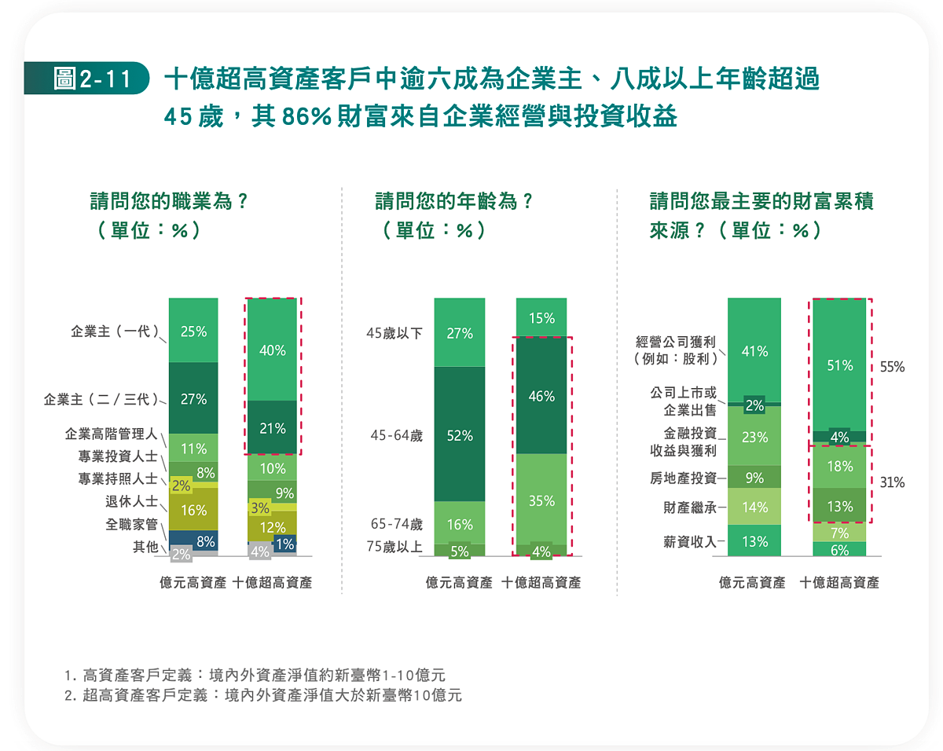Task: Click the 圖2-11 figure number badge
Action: [x=86, y=79]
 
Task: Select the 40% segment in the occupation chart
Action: [x=272, y=350]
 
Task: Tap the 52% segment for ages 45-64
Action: [x=460, y=435]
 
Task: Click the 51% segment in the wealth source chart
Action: [x=839, y=365]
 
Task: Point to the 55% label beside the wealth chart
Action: [x=892, y=366]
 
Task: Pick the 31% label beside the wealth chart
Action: [x=892, y=483]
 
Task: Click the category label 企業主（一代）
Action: [x=116, y=332]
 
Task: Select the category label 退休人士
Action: [x=132, y=501]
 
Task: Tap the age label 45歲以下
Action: [x=394, y=333]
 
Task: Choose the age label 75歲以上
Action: [x=394, y=548]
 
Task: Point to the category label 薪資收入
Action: [x=689, y=540]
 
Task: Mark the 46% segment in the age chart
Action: [x=541, y=397]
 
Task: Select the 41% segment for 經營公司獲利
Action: [x=754, y=351]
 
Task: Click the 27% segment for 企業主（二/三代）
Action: [x=193, y=399]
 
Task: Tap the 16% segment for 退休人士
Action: [x=193, y=511]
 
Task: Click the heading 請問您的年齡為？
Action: [x=454, y=201]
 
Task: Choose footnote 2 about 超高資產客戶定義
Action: [x=264, y=695]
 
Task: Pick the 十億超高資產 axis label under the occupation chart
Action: [x=272, y=583]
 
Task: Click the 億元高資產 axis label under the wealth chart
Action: [x=752, y=583]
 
